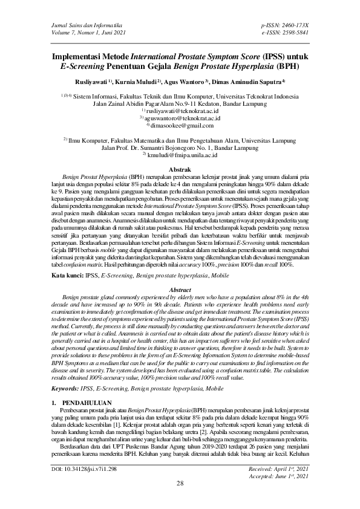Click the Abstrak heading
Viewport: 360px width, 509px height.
pos(180,171)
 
